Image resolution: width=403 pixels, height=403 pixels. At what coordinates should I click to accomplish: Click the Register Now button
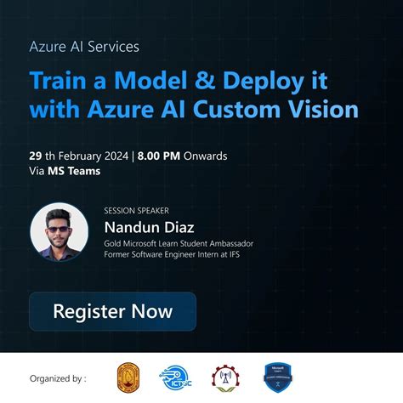[x=112, y=311]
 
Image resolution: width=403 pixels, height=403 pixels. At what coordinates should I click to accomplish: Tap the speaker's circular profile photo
[x=60, y=231]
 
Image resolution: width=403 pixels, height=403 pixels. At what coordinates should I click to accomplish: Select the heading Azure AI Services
[x=83, y=46]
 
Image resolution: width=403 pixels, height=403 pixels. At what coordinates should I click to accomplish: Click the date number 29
[x=36, y=156]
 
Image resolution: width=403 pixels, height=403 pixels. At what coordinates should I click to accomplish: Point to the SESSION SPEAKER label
[x=134, y=209]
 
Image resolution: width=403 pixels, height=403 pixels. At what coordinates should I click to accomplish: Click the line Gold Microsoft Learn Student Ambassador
[x=179, y=243]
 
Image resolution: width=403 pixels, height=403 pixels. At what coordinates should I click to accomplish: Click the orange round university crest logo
[x=130, y=377]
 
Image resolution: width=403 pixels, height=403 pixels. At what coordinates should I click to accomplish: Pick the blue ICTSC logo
[x=178, y=377]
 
